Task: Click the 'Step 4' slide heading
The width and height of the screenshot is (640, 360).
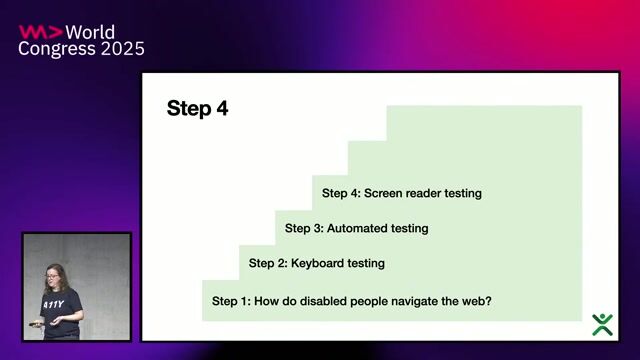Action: tap(197, 109)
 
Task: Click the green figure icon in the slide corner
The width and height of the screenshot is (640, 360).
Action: tap(602, 323)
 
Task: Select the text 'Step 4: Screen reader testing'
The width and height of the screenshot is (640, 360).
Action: tap(401, 193)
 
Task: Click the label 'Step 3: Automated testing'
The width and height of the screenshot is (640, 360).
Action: tap(356, 228)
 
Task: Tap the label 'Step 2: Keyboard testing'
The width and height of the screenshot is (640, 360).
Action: tap(316, 263)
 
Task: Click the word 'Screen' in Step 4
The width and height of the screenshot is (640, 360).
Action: tap(384, 193)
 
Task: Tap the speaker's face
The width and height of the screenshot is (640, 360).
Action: tap(53, 274)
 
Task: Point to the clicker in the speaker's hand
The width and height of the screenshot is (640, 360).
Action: tap(36, 324)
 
